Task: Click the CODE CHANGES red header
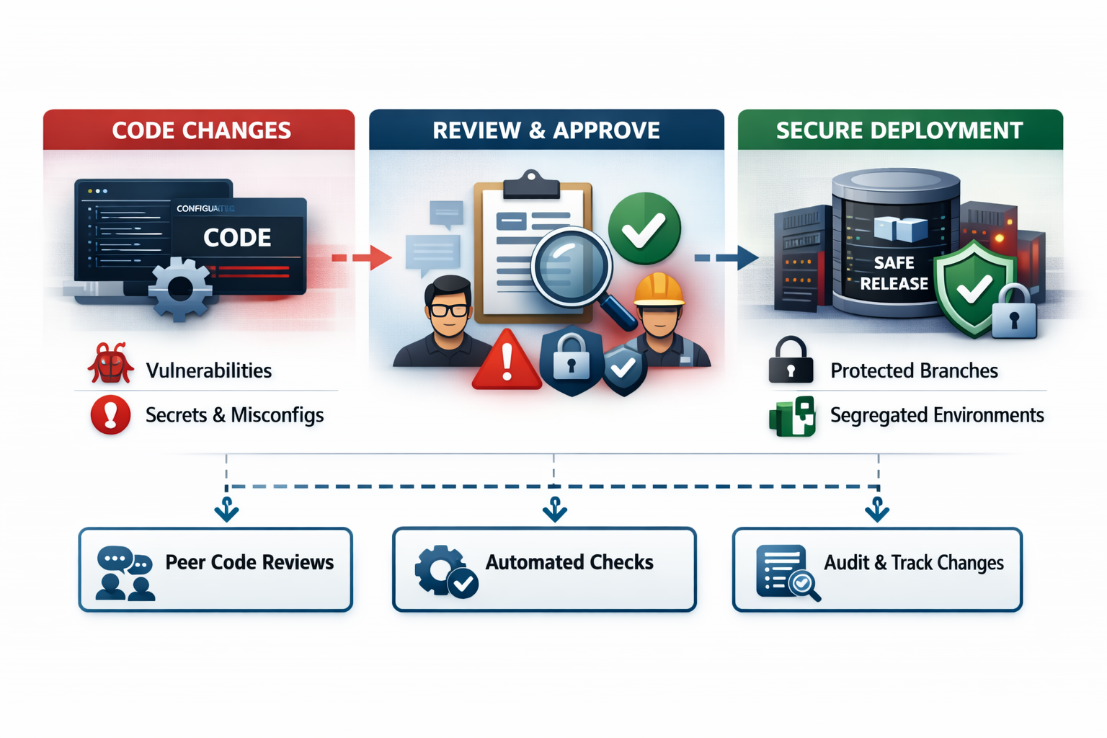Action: tap(200, 130)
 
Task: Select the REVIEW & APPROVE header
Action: tap(546, 130)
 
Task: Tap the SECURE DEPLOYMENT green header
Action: tap(899, 130)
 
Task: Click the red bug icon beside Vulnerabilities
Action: tap(110, 365)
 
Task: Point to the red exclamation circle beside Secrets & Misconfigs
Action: tap(110, 415)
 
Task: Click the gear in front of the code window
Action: tap(180, 289)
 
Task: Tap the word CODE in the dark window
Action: tap(237, 238)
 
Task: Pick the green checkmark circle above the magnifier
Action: tap(644, 228)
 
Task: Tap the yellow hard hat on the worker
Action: tap(658, 289)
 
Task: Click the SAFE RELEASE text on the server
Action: tap(894, 273)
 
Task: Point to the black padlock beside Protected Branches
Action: tap(791, 362)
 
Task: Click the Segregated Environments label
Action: tap(936, 415)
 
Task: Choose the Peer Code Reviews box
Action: tap(215, 569)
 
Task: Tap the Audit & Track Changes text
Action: tap(913, 563)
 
